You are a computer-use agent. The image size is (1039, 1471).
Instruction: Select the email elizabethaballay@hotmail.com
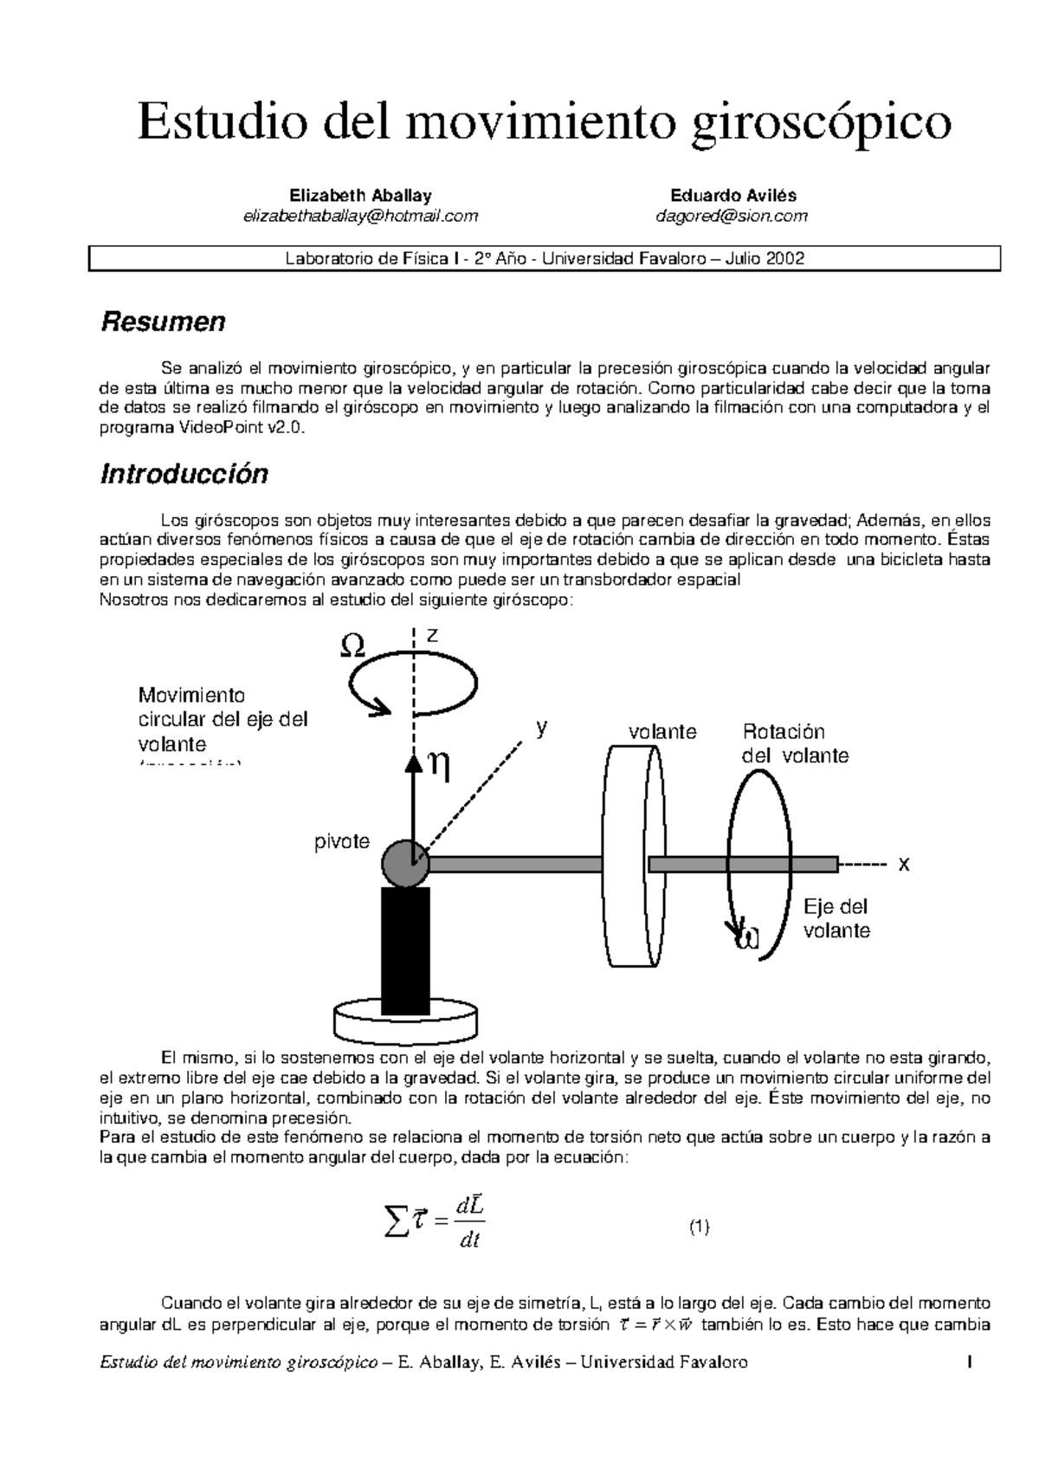pos(360,217)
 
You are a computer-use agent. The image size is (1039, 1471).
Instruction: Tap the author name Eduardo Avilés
pos(732,196)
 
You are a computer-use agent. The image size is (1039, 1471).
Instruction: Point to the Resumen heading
pos(163,322)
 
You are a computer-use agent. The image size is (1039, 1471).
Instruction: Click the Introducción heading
pos(184,474)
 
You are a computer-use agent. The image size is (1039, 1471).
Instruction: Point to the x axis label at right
pos(904,865)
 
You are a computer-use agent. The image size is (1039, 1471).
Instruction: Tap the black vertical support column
pos(405,949)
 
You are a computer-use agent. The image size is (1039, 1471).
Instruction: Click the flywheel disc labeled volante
pos(633,857)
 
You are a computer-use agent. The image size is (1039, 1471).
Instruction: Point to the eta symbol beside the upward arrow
pos(439,767)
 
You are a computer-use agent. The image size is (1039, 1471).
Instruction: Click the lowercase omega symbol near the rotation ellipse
pos(745,936)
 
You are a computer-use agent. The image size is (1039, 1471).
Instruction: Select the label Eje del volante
pos(836,919)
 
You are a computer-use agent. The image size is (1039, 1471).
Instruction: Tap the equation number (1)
pos(700,1227)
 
